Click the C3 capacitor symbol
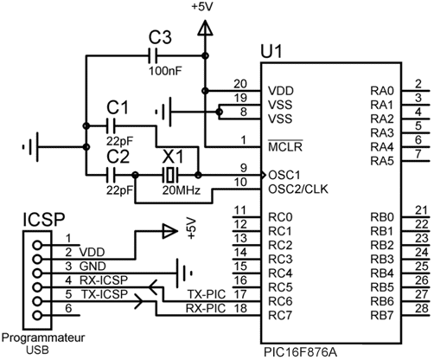[153, 55]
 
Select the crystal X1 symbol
[170, 175]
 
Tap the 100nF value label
[166, 71]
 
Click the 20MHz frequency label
[181, 190]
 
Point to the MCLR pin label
[285, 146]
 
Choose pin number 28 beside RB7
[422, 308]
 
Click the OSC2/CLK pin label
[298, 190]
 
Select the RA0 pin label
[382, 91]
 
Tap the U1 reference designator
[271, 52]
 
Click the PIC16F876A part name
[300, 352]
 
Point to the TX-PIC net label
[207, 294]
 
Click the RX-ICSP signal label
[104, 280]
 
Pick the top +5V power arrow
[205, 28]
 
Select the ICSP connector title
[44, 220]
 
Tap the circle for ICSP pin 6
[37, 315]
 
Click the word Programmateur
[43, 337]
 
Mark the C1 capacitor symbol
[112, 126]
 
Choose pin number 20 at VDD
[240, 84]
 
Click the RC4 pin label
[280, 273]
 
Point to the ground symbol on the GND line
[184, 273]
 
